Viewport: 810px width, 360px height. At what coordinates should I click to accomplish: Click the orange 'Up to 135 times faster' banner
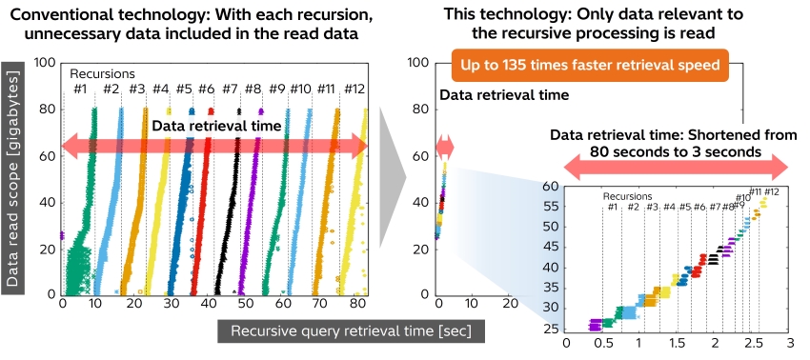[x=590, y=68]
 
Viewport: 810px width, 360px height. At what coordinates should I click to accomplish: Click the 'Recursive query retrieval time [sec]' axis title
[x=352, y=330]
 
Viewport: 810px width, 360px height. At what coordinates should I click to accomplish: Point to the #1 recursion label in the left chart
[x=81, y=89]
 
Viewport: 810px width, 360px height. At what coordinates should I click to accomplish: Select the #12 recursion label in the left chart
[x=354, y=89]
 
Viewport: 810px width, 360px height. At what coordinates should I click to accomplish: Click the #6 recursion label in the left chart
[x=206, y=89]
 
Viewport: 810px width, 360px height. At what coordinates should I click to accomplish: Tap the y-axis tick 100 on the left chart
[x=43, y=63]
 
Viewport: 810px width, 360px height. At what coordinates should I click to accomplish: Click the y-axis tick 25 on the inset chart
[x=550, y=330]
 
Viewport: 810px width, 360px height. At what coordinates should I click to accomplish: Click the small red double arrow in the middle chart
[x=445, y=147]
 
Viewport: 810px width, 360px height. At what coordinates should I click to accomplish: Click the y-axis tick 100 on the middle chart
[x=415, y=63]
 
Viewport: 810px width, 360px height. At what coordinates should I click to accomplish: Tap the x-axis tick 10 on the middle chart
[x=474, y=305]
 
